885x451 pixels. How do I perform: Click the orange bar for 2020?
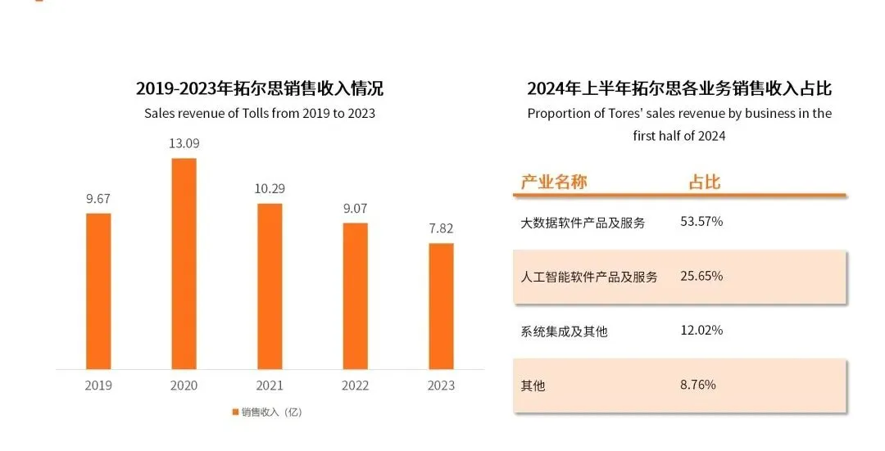tap(184, 263)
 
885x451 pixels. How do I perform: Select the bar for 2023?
tap(441, 305)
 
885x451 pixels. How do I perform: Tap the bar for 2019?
tap(98, 291)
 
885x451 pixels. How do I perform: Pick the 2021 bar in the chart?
tap(270, 286)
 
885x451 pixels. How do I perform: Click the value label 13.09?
tap(184, 143)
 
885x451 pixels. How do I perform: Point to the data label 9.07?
tap(355, 208)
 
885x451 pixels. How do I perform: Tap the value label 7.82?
tap(441, 228)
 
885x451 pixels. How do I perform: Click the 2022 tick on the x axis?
tap(355, 386)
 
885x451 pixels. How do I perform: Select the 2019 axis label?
tap(98, 386)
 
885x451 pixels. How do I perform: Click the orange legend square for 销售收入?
tap(235, 412)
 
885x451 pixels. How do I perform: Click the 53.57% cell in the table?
tap(701, 222)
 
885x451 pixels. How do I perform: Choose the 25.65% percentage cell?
tap(701, 276)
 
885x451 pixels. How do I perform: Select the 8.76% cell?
tap(698, 384)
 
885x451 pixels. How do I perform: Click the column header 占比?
tap(704, 182)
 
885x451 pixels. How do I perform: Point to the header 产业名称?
tap(554, 182)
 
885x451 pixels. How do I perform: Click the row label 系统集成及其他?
tap(564, 331)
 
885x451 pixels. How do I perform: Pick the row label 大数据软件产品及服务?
tap(583, 223)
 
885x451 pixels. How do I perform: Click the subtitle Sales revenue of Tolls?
tap(260, 113)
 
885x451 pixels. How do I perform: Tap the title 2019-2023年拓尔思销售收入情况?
tap(260, 88)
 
